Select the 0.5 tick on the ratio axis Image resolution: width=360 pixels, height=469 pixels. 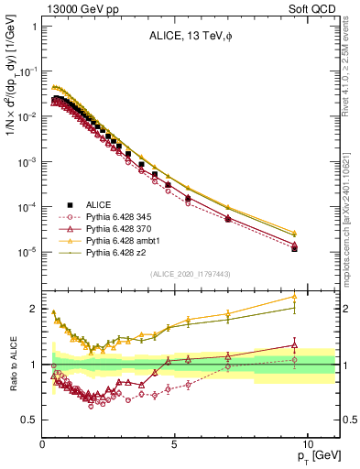[x=29, y=420]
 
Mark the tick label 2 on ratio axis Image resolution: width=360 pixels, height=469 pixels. [x=34, y=309]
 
